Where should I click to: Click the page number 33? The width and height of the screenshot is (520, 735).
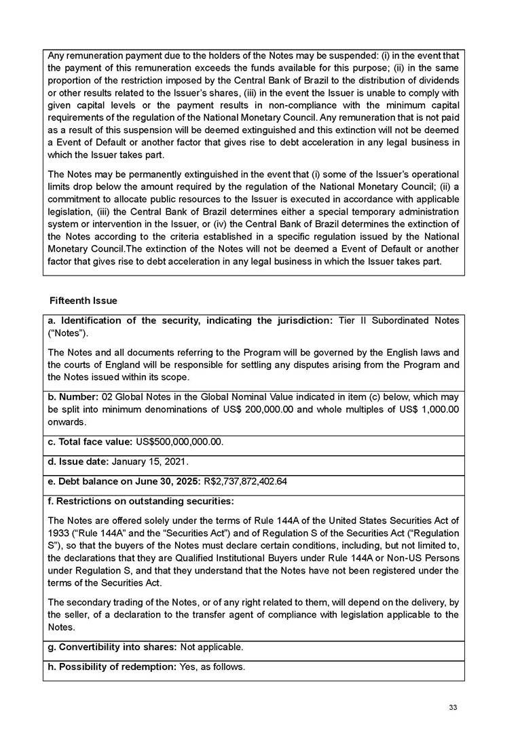point(453,708)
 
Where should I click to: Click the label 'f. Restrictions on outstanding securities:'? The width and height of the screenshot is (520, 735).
point(141,502)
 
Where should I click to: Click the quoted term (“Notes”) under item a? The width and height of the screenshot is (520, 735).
point(68,333)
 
